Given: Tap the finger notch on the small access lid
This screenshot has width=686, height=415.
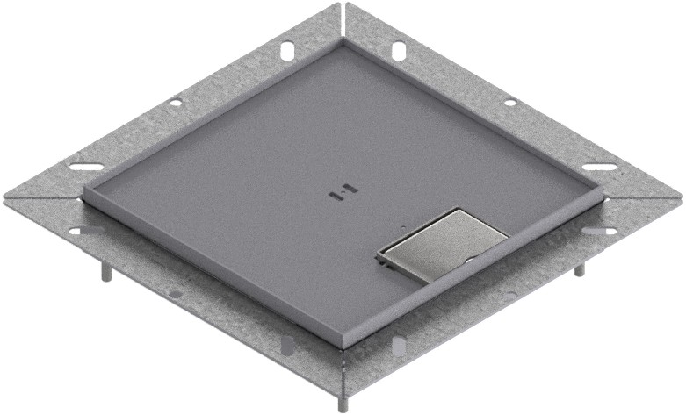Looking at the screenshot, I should [469, 261].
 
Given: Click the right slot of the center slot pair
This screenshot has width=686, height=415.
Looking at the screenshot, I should [349, 189].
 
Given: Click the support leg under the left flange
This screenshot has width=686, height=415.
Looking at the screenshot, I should [108, 273].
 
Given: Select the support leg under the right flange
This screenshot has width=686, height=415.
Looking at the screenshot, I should [578, 268].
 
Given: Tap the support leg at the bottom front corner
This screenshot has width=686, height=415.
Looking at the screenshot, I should [341, 403].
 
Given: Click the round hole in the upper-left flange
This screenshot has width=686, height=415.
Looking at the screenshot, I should [176, 103].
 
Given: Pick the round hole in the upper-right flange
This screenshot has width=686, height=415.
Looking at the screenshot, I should [509, 103].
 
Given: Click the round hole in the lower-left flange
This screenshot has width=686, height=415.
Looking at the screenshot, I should [175, 294].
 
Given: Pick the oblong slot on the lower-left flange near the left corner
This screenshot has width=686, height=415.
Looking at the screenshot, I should [85, 231].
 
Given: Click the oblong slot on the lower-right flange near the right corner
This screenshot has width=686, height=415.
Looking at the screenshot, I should [599, 231].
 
